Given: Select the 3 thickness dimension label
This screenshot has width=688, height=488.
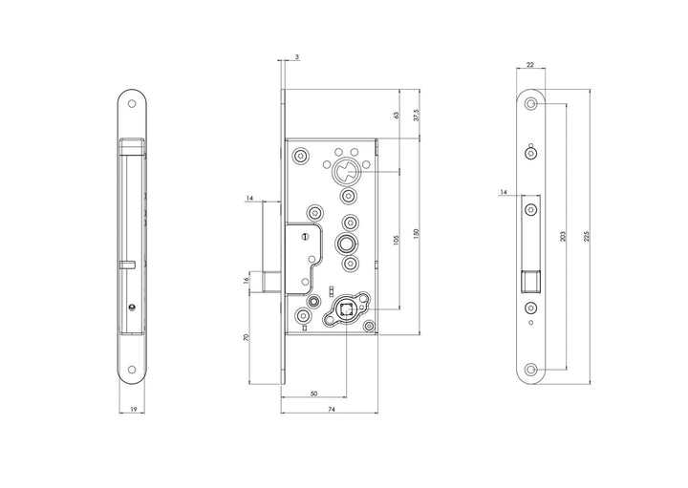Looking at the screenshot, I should (x=297, y=58).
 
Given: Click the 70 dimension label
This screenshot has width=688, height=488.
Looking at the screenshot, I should (x=247, y=338).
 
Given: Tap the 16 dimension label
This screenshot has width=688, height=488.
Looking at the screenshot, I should (x=247, y=280).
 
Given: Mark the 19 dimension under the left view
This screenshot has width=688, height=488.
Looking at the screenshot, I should (x=133, y=409).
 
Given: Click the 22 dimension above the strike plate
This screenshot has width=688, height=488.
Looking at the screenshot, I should (x=531, y=66).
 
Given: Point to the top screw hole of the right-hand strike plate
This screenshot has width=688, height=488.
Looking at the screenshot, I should (x=531, y=101).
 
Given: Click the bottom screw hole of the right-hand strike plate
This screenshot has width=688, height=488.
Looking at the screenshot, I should (x=531, y=369).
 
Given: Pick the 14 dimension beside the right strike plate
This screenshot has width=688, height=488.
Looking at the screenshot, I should (x=503, y=194).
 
